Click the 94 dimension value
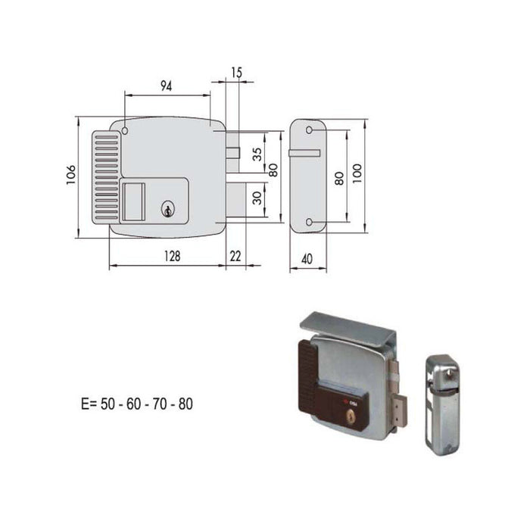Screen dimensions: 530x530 [167, 86]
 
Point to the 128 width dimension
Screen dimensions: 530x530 [172, 257]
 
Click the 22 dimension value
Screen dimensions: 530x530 [235, 257]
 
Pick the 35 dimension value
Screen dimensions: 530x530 [257, 154]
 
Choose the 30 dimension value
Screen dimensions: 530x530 [257, 198]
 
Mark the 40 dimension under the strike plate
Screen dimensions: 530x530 [307, 258]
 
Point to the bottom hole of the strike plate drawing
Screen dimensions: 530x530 [309, 222]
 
